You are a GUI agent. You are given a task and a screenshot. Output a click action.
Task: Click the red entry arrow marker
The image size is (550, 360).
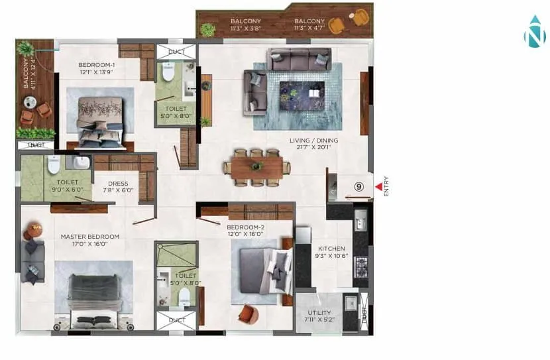click(379, 188)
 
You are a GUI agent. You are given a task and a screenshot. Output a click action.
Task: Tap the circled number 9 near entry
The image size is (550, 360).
click(358, 188)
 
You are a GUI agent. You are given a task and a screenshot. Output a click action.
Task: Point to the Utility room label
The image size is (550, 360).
click(319, 314)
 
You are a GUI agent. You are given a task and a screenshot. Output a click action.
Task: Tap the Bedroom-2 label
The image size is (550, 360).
click(246, 229)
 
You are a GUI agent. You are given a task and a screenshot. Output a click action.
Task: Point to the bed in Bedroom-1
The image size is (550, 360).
click(99, 119)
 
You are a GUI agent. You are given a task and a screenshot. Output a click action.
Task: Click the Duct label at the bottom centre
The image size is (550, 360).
click(176, 320)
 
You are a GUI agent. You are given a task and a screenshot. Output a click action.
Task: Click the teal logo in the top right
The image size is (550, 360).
click(533, 32)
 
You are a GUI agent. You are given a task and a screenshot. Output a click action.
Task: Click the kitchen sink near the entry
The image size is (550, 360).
click(361, 218)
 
